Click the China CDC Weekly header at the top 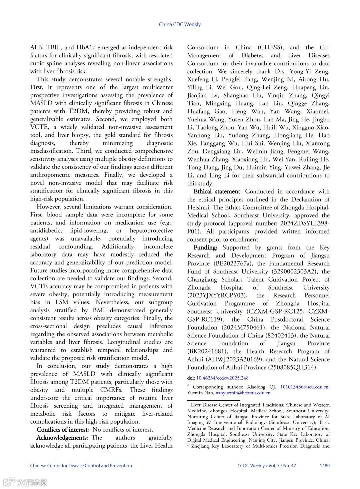click(180, 24)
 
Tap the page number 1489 click(325, 466)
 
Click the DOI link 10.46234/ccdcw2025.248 click(222, 378)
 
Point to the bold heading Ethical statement click(217, 191)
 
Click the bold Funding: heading click(205, 248)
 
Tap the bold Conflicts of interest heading click(62, 430)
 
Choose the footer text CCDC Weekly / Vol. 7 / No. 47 click(267, 466)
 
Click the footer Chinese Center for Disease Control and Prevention click(81, 466)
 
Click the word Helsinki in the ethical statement click(199, 207)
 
